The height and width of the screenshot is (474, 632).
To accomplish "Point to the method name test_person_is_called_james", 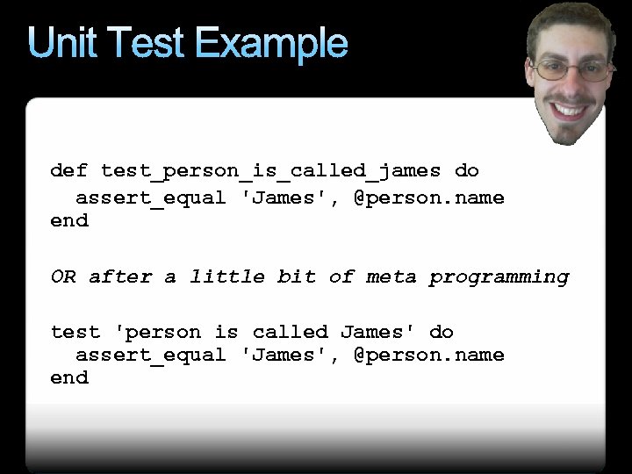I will coord(271,170).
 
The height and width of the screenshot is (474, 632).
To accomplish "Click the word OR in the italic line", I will coord(63,277).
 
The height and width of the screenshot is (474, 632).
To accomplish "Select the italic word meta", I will coord(391,277).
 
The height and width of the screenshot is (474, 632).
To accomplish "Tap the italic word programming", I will coord(499,277).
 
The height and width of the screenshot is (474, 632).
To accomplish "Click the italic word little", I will coord(227,277).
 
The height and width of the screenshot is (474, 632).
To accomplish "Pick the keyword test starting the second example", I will coord(75,332).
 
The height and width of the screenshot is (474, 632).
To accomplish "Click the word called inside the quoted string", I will coord(290,332).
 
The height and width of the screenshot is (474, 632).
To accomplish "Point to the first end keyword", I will coord(69,220).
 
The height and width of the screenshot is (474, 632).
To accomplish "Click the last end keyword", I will coord(69,377).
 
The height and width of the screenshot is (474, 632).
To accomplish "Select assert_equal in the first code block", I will coord(151,197).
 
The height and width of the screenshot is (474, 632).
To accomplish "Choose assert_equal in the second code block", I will coord(151,355).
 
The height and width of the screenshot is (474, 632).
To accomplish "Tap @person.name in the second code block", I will coord(429,355).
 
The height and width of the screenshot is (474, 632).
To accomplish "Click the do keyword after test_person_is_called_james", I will coord(467,170).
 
